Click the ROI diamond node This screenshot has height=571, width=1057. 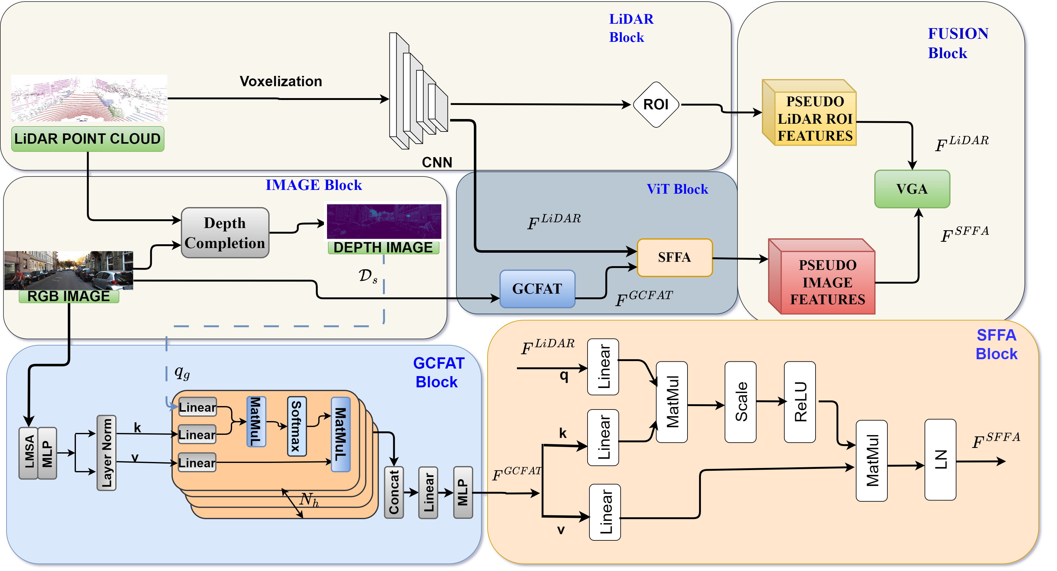[x=656, y=105]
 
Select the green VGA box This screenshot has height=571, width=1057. [x=912, y=189]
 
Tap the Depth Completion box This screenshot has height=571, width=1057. [x=225, y=233]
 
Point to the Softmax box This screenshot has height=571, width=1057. [x=296, y=427]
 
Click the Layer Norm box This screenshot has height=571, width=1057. [x=106, y=453]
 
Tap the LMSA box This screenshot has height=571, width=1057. [x=28, y=453]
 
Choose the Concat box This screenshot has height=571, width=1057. [x=394, y=492]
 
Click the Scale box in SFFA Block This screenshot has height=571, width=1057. [x=740, y=402]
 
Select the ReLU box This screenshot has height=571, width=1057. [x=799, y=402]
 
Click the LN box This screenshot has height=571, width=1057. [x=940, y=460]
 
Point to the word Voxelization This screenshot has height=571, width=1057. [x=281, y=81]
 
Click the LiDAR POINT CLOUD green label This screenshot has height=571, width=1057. [x=87, y=139]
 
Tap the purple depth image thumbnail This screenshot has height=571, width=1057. [x=384, y=221]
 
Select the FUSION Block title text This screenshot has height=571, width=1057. [x=958, y=43]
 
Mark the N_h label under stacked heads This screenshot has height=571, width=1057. [x=309, y=500]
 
